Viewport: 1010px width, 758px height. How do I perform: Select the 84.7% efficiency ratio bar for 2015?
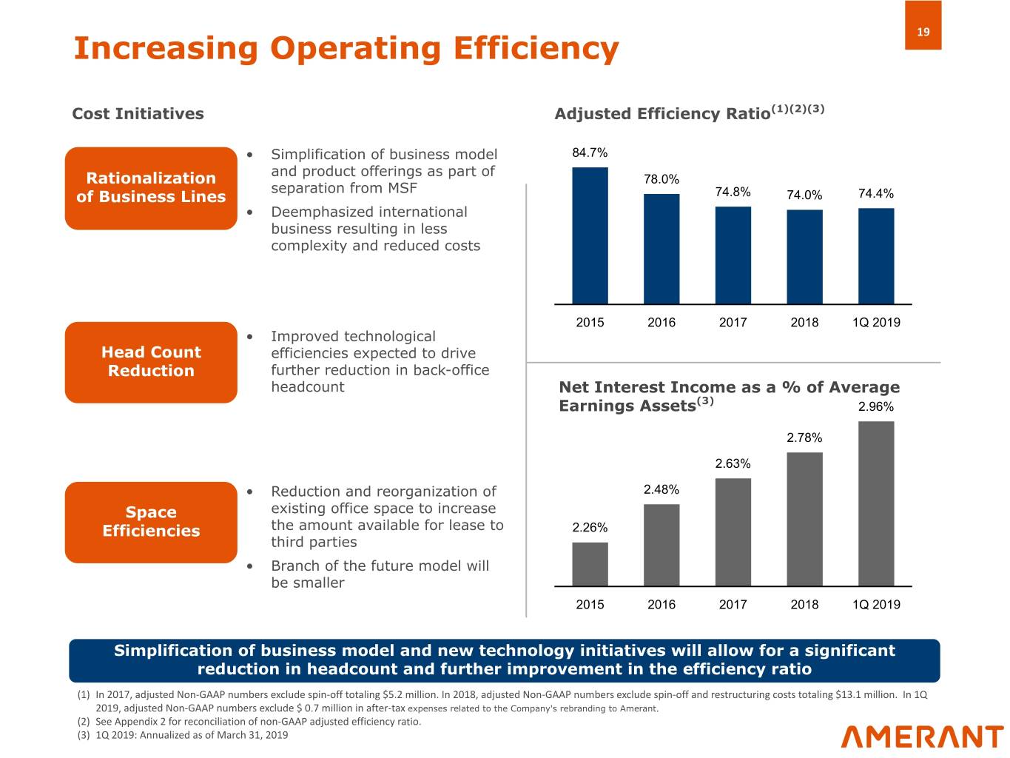pyautogui.click(x=590, y=235)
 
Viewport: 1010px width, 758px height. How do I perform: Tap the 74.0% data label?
pyautogui.click(x=804, y=195)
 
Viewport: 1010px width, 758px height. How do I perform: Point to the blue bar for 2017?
pyautogui.click(x=733, y=255)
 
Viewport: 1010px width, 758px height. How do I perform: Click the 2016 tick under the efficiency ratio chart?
pyautogui.click(x=661, y=322)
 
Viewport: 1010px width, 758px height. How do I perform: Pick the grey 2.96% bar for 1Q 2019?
pyautogui.click(x=876, y=503)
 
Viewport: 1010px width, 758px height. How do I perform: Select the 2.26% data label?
pyautogui.click(x=590, y=528)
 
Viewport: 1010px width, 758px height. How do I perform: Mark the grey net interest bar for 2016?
pyautogui.click(x=661, y=545)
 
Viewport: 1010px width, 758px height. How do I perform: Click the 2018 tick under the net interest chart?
pyautogui.click(x=804, y=605)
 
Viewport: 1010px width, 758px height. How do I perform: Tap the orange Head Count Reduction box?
pyautogui.click(x=151, y=362)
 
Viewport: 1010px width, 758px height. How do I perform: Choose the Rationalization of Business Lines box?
pyautogui.click(x=151, y=188)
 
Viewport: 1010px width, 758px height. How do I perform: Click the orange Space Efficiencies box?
pyautogui.click(x=151, y=522)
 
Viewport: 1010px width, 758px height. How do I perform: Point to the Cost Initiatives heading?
pyautogui.click(x=138, y=114)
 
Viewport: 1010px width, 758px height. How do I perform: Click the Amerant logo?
pyautogui.click(x=922, y=737)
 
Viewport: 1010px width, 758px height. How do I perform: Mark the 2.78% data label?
pyautogui.click(x=804, y=438)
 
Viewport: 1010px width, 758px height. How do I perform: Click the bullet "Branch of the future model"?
pyautogui.click(x=380, y=574)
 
